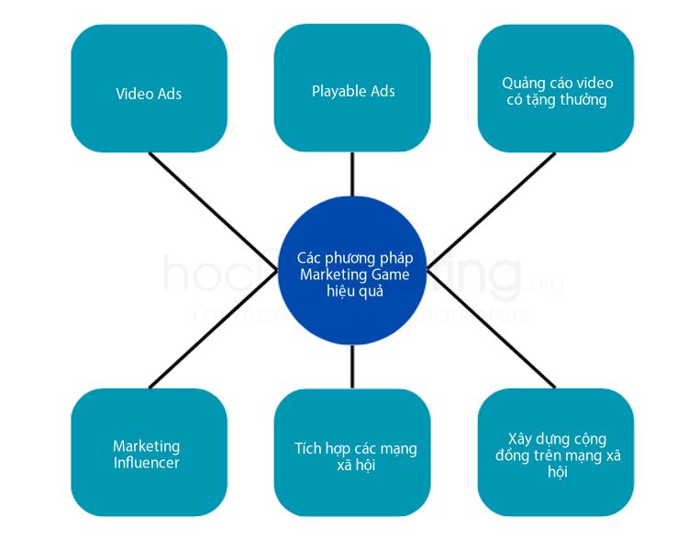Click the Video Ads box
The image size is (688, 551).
pyautogui.click(x=149, y=88)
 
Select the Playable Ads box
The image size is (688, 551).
pyautogui.click(x=352, y=87)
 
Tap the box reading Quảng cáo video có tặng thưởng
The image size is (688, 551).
pyautogui.click(x=556, y=87)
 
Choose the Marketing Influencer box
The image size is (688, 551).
pyautogui.click(x=149, y=452)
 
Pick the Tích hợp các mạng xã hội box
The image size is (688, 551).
pyautogui.click(x=352, y=452)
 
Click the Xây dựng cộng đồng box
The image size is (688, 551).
pyautogui.click(x=556, y=452)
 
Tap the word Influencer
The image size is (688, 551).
pyautogui.click(x=147, y=463)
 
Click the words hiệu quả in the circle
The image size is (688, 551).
pyautogui.click(x=355, y=291)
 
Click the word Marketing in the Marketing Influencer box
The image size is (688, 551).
pyautogui.click(x=147, y=446)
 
